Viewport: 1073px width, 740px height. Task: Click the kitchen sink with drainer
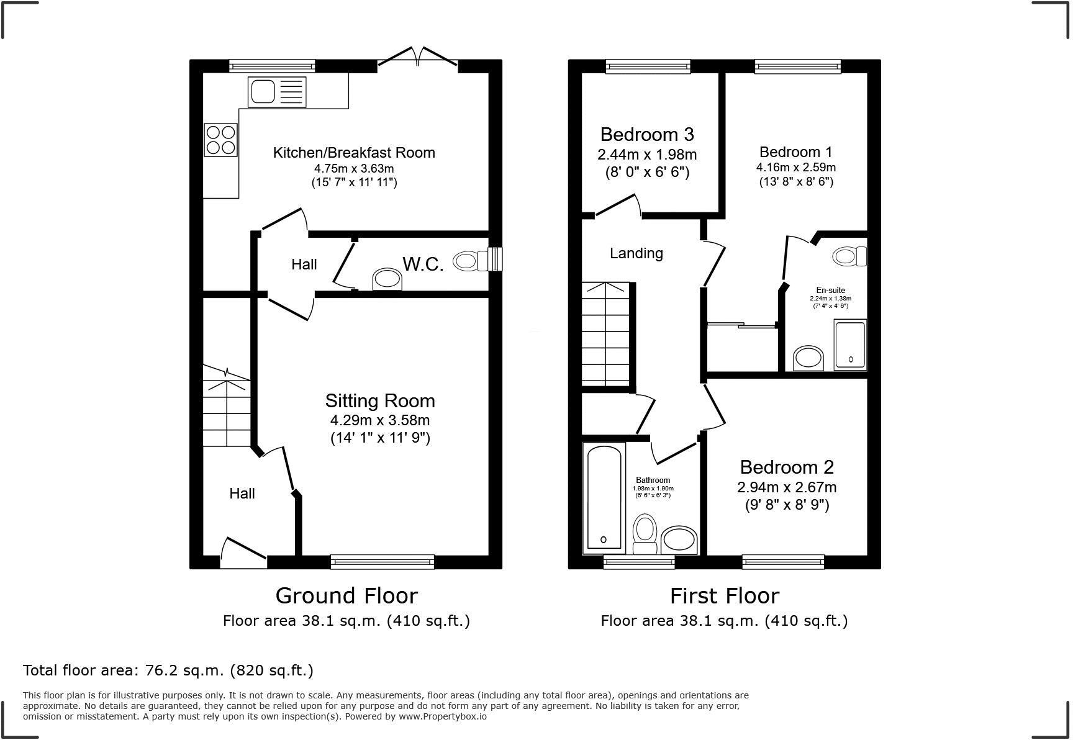(277, 92)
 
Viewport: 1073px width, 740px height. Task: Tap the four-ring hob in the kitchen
(221, 140)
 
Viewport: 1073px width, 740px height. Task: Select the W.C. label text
(423, 264)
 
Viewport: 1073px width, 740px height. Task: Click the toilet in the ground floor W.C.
(472, 261)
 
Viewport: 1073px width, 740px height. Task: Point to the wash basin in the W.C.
(387, 279)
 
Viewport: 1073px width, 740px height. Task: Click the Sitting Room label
(380, 400)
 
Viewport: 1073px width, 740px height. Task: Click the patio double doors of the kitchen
(418, 59)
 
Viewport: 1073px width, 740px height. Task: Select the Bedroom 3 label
(647, 134)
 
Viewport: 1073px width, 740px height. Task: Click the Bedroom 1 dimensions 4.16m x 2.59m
(795, 168)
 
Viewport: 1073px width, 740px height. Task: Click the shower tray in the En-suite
(849, 345)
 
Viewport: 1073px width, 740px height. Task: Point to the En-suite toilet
(849, 256)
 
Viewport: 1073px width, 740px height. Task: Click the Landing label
(636, 253)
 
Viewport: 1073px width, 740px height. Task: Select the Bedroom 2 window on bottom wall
(783, 562)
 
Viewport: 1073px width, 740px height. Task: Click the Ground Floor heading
(346, 595)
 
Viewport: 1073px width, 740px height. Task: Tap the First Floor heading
(724, 595)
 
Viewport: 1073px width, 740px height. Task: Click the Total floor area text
(168, 670)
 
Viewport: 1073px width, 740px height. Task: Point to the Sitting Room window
(383, 562)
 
